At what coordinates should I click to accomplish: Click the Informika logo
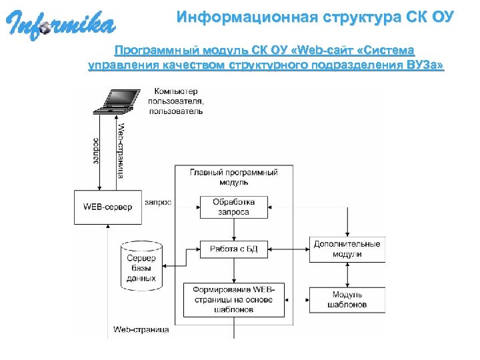point(61,25)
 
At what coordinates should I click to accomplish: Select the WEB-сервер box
point(107,207)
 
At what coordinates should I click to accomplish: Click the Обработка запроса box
point(233,207)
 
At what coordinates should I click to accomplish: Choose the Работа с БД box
point(233,249)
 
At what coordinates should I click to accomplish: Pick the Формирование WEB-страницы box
point(233,300)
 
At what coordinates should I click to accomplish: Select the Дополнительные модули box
point(347,249)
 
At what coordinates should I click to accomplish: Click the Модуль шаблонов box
point(347,299)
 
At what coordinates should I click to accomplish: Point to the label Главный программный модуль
point(233,177)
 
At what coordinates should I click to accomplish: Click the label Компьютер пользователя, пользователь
point(179,101)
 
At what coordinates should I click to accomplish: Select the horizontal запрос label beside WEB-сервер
point(158,201)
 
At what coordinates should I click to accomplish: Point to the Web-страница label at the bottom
point(141,329)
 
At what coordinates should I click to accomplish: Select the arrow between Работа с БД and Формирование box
point(233,271)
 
